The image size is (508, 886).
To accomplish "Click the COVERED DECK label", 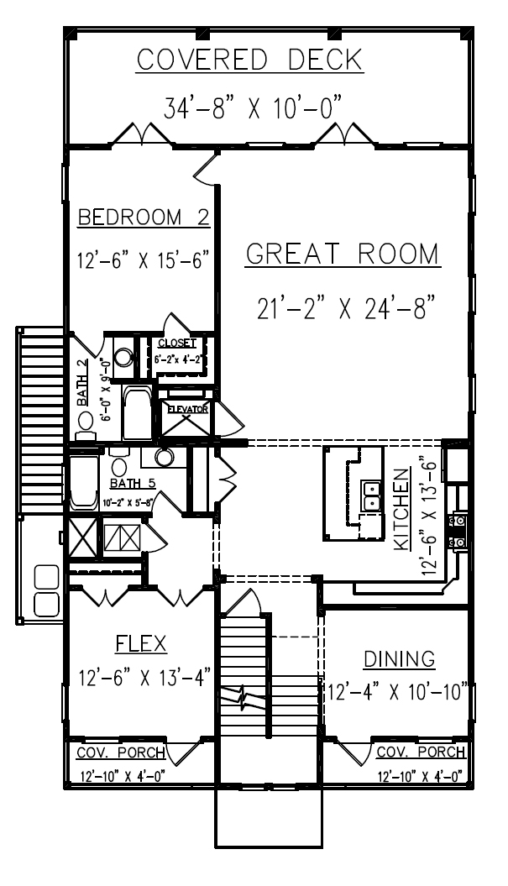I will (x=249, y=60).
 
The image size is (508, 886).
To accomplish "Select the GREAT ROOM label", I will (x=343, y=254).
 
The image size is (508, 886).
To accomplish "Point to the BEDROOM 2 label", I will (x=143, y=218).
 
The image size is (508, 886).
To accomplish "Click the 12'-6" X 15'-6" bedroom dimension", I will (x=143, y=260).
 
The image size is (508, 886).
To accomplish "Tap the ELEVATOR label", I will (x=187, y=409).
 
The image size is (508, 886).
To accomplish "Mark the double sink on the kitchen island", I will (x=370, y=496).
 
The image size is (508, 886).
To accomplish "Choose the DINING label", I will (x=399, y=657).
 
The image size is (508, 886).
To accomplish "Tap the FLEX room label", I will (x=140, y=643).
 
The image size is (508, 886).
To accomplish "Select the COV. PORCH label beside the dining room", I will (x=421, y=751).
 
